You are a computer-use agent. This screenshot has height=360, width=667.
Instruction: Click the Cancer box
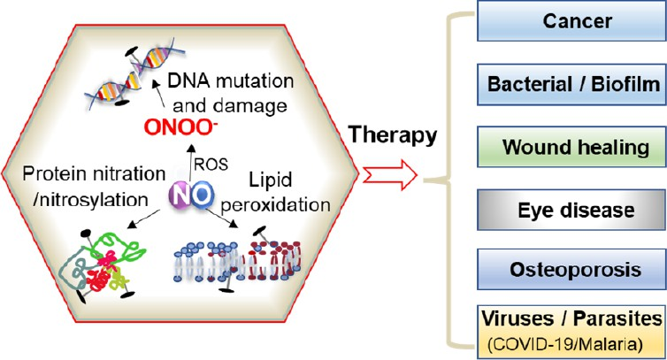point(571,21)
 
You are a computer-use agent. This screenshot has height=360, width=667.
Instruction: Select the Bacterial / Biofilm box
point(571,84)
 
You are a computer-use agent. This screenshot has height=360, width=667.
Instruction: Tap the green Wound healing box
point(571,147)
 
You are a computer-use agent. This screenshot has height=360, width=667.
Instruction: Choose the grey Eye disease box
point(571,210)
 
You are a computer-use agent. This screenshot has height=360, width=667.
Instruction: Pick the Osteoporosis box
point(571,270)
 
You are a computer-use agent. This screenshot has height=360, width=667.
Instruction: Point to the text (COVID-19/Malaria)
point(565,344)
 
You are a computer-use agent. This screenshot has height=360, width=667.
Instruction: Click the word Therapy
point(393,135)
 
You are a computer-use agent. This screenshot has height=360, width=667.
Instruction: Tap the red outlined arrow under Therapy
point(389,175)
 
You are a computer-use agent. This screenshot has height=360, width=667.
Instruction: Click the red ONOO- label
point(178,126)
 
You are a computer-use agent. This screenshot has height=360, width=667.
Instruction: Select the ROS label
point(211,165)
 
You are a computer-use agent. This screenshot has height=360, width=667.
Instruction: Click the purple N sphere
point(182,195)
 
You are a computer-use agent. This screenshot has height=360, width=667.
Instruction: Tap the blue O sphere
point(202,195)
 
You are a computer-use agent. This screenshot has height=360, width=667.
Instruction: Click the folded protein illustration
point(102,266)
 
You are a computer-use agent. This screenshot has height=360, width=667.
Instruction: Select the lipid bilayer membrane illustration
point(238,260)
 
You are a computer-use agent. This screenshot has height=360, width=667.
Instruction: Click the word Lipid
point(270,180)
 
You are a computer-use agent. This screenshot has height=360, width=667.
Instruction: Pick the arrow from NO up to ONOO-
point(191,162)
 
